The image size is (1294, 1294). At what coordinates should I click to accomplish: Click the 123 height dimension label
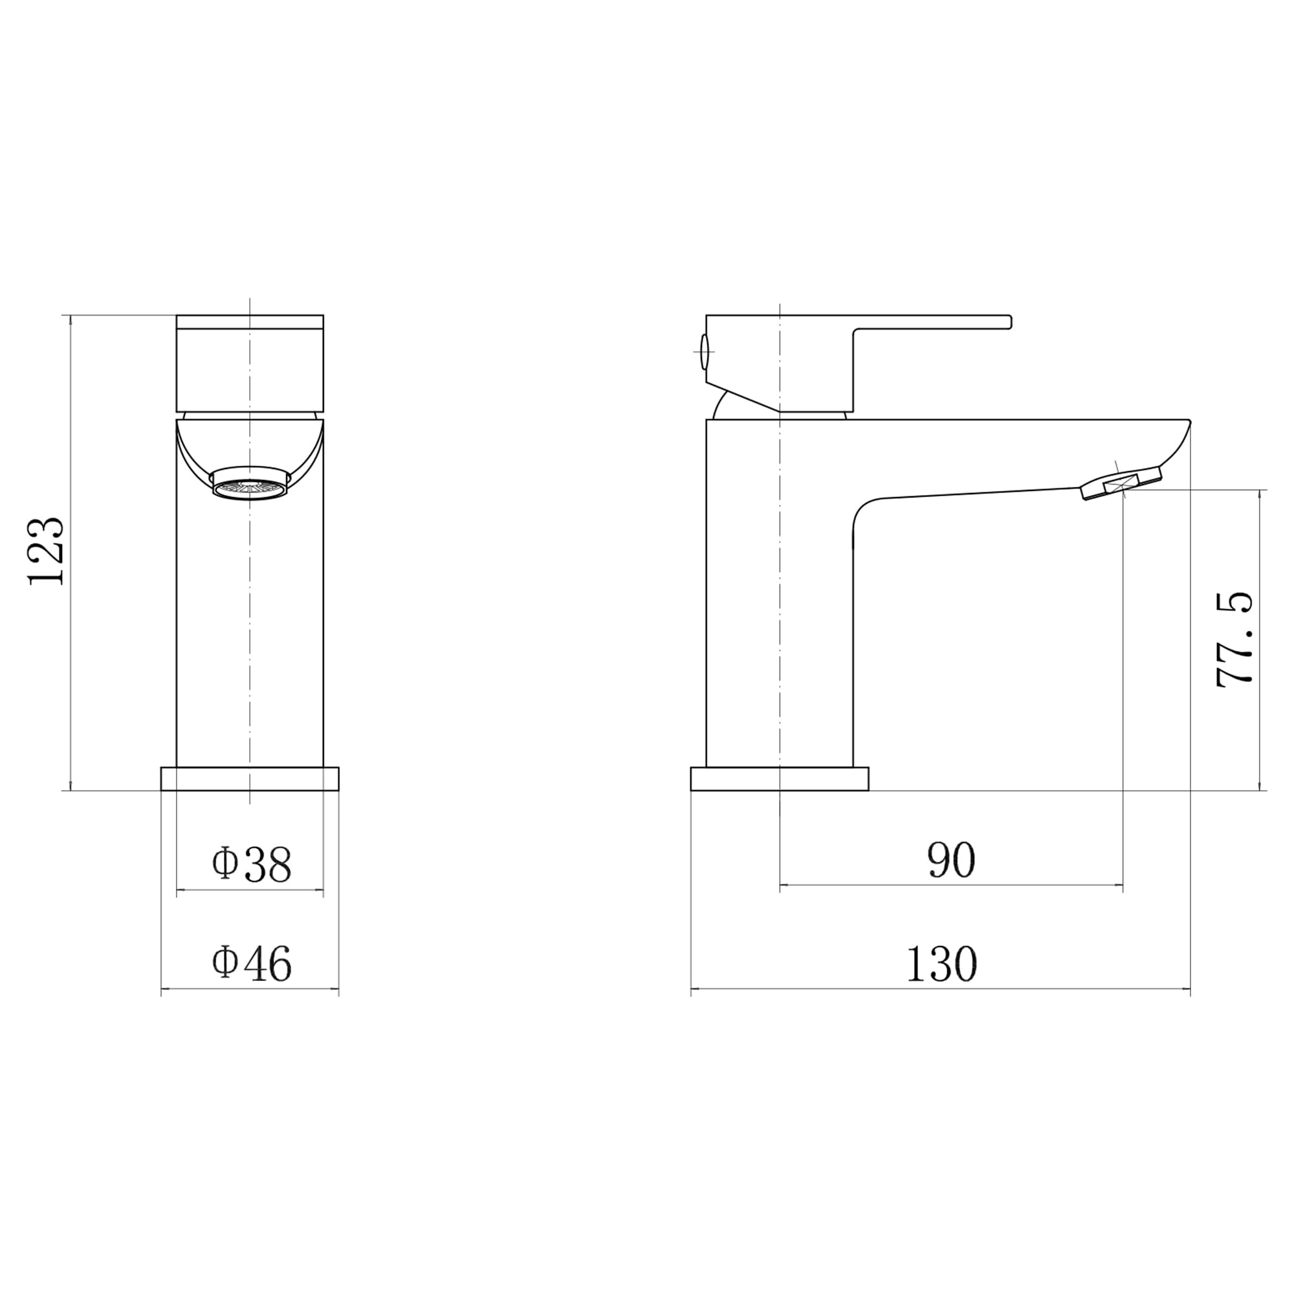[x=47, y=551]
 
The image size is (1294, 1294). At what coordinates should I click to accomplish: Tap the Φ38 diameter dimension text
[x=252, y=864]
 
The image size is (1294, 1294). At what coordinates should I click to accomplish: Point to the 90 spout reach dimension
[x=951, y=861]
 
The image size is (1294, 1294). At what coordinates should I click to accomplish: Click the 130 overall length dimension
[x=941, y=964]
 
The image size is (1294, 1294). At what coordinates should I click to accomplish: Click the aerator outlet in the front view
[x=250, y=483]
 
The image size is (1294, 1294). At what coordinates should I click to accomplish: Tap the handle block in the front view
[x=250, y=363]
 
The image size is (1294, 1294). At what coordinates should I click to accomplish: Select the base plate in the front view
[x=250, y=778]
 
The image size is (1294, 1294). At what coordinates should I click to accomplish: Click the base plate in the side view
[x=780, y=778]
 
